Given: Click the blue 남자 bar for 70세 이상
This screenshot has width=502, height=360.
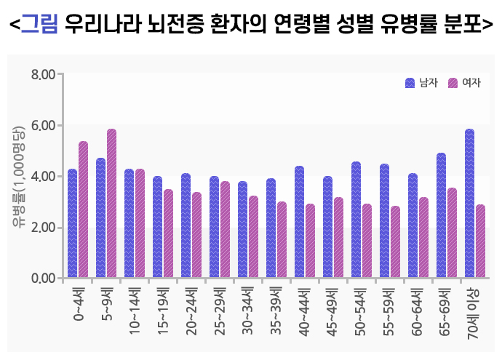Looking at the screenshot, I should click(469, 204).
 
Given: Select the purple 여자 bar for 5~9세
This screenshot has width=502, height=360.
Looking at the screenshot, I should click(111, 204).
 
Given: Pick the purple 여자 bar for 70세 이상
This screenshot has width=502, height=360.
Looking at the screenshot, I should click(480, 241).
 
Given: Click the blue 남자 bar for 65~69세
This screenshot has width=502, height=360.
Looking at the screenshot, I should click(441, 215).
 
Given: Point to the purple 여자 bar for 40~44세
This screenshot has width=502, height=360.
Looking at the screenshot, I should click(310, 241).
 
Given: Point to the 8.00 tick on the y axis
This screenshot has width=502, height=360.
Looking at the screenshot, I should click(43, 74).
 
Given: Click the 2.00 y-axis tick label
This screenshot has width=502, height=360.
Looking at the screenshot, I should click(43, 227).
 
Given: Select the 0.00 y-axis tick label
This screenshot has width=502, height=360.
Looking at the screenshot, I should click(43, 278).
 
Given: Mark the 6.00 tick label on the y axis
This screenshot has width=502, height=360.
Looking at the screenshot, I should click(43, 125).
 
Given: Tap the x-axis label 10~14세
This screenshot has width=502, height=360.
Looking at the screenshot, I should click(135, 311).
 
